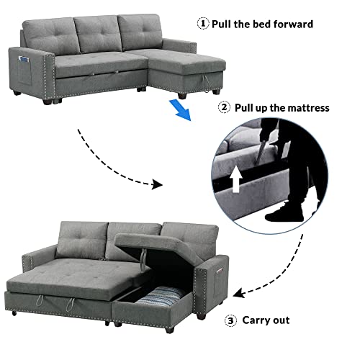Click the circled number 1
(203, 24)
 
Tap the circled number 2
(224, 107)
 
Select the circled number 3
(230, 320)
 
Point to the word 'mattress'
(308, 108)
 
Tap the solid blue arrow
(181, 110)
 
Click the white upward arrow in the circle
(236, 179)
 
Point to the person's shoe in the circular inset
(284, 213)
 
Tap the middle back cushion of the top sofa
(98, 34)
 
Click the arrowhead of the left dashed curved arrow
(157, 184)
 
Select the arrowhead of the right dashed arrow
(239, 293)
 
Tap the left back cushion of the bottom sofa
(82, 240)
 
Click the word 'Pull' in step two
(243, 108)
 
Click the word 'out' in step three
(282, 320)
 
